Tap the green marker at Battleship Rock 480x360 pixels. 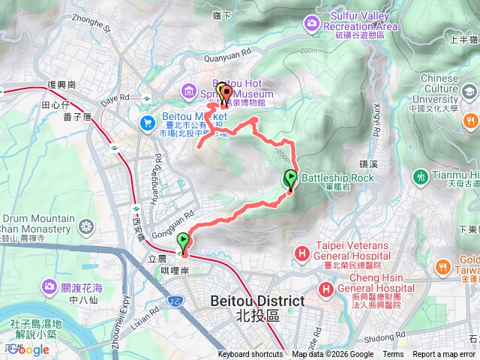pos(289,178)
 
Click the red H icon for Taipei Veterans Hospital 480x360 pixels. pos(301,253)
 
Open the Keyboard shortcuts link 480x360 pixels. pos(250,355)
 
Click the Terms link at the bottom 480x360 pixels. pos(393,355)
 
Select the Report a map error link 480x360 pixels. pos(445,355)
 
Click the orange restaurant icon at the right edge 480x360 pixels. pos(471,121)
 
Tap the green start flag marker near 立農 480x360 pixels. pos(184,241)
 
